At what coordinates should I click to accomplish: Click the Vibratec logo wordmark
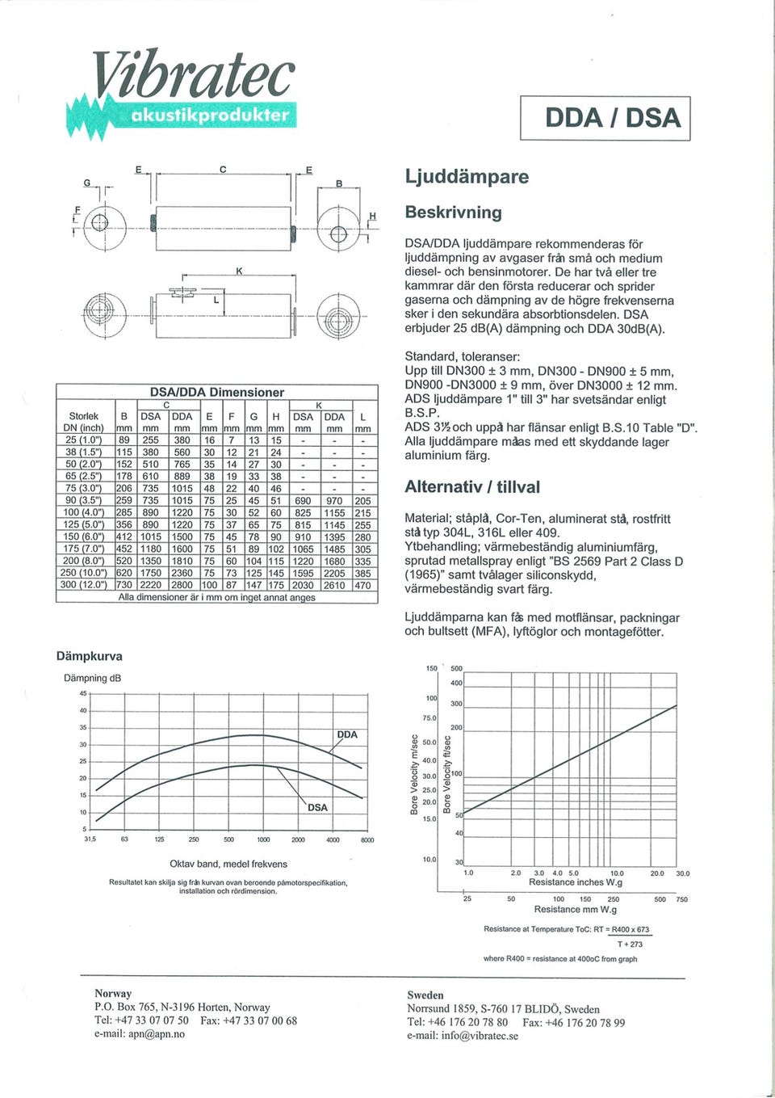tap(192, 78)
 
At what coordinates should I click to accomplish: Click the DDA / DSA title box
tap(605, 118)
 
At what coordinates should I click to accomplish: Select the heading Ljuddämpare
tap(467, 177)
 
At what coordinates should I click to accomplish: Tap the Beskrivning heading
tap(453, 212)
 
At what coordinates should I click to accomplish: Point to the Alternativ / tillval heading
tap(472, 487)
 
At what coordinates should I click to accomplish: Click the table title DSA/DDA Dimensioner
tap(217, 392)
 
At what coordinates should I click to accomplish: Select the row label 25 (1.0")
tap(83, 440)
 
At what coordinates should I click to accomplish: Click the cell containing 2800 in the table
tap(182, 585)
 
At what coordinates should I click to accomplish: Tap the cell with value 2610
tap(334, 585)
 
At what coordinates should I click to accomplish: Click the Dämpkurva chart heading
tap(89, 656)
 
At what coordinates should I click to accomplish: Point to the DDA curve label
tap(347, 734)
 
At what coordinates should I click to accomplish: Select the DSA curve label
tap(318, 807)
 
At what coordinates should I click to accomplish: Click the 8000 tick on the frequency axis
tap(367, 840)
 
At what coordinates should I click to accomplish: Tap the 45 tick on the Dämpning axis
tap(82, 693)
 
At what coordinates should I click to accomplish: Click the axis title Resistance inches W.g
tap(575, 882)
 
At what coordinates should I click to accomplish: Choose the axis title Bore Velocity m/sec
tap(415, 775)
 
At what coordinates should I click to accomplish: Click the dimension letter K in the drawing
tap(239, 271)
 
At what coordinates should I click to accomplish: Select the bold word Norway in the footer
tap(113, 993)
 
